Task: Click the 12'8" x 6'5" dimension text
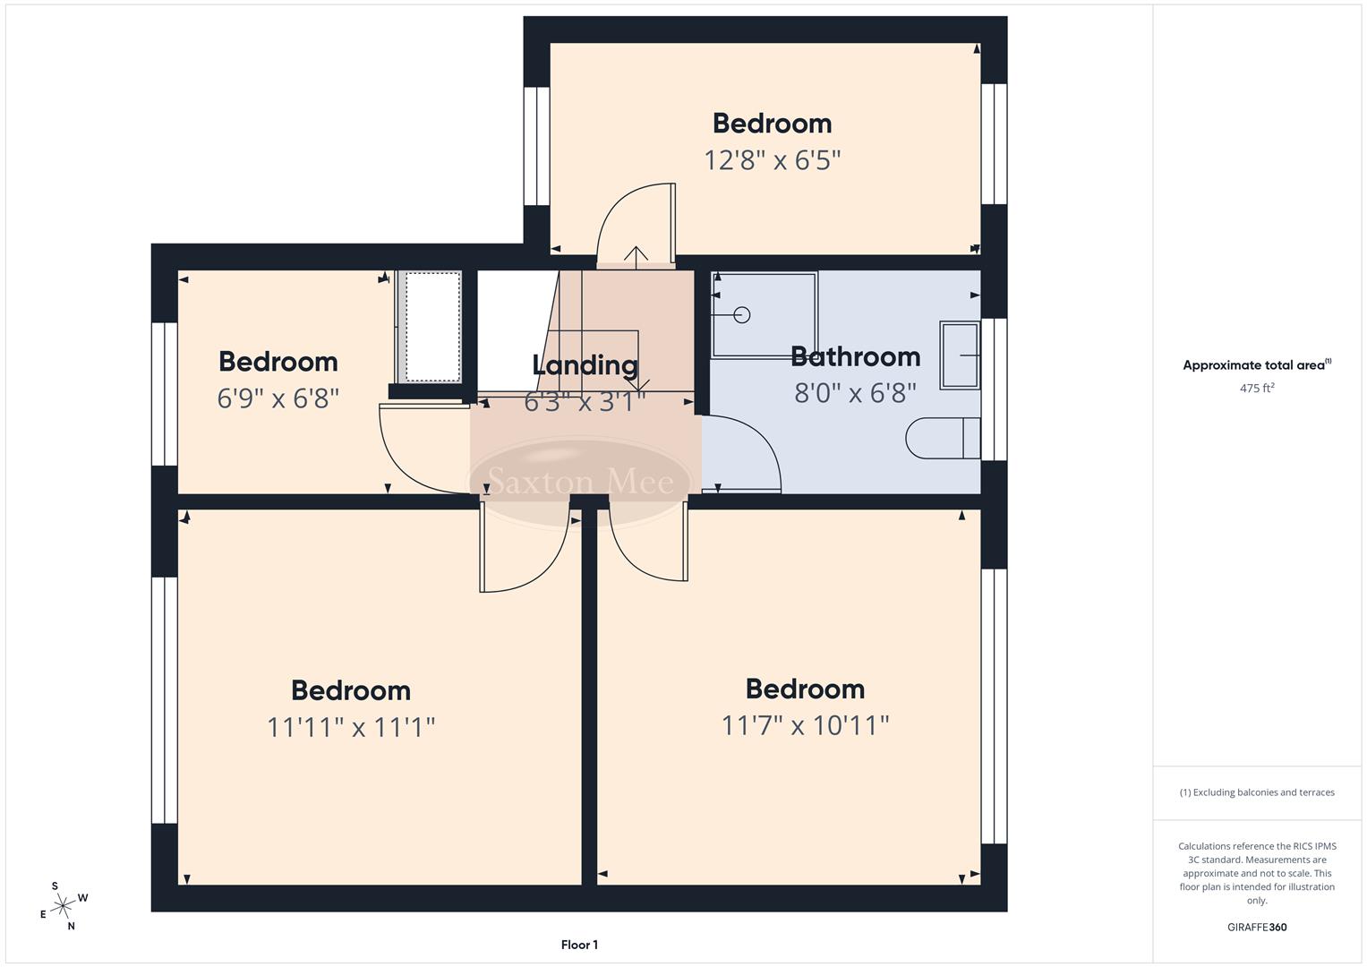(772, 160)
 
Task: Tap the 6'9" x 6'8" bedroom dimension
(278, 398)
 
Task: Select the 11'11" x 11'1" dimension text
(351, 727)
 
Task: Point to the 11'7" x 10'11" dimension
(805, 724)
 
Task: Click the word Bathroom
(855, 356)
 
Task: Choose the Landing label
(585, 365)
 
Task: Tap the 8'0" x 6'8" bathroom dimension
(855, 393)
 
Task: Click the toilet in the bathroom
(943, 439)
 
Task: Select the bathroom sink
(959, 355)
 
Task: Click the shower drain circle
(741, 315)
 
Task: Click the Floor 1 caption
(579, 945)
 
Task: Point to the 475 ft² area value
(1257, 389)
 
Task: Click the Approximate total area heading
(1256, 365)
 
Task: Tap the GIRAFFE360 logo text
(1256, 928)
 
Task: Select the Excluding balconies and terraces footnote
(1257, 792)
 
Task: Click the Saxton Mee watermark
(580, 483)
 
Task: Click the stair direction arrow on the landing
(636, 255)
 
